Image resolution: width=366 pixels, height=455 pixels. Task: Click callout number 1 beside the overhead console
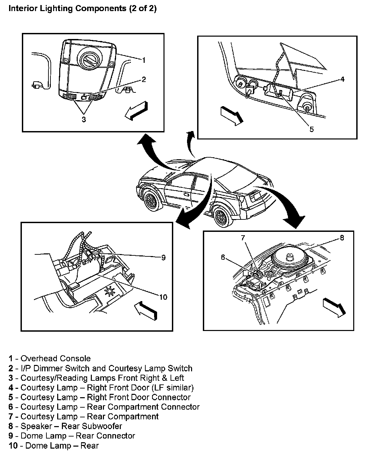pos(144,60)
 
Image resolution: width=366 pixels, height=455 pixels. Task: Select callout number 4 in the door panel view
pos(342,79)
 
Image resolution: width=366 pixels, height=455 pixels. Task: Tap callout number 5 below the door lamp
pos(312,129)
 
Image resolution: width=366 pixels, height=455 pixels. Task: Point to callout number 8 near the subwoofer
pos(342,238)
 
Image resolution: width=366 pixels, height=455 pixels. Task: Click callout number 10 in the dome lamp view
pos(163,297)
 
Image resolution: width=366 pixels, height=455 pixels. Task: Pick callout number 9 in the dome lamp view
pos(163,258)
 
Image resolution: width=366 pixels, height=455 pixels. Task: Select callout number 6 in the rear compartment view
pos(223,257)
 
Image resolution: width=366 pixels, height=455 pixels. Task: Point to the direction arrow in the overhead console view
pos(136,110)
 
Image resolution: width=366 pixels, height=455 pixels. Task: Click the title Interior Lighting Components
pos(82,9)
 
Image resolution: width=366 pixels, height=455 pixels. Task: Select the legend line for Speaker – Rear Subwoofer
pos(66,426)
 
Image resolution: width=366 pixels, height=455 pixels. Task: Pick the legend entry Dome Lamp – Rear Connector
pos(72,436)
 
